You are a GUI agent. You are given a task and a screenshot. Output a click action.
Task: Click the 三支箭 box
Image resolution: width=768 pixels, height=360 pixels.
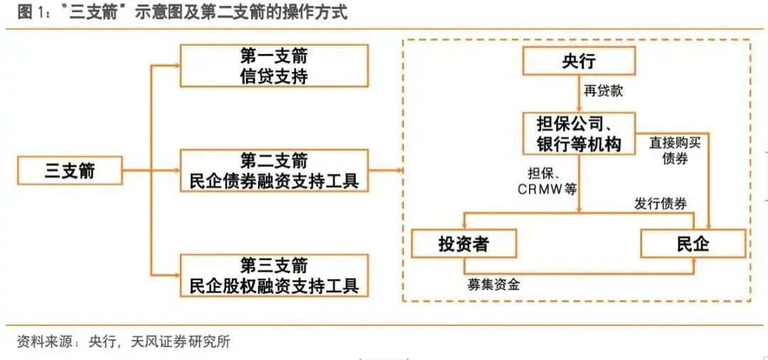pos(70,171)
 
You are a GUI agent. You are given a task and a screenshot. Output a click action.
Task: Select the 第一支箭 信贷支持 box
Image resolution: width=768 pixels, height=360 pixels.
pos(274,65)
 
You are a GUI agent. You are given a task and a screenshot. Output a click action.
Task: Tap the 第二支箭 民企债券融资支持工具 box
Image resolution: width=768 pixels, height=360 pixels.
pos(274,171)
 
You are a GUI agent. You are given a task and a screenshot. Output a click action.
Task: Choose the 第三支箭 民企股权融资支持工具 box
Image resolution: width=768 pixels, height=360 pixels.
pos(274,275)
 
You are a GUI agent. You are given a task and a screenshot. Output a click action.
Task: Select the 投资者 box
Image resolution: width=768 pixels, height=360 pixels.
pos(464,243)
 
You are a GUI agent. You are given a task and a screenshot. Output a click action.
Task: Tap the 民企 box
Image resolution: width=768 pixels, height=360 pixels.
pos(693,243)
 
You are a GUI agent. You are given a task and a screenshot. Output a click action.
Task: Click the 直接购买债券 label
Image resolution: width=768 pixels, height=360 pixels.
pos(676,152)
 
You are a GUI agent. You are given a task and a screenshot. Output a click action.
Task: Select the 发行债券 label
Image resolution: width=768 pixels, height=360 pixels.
pos(660,203)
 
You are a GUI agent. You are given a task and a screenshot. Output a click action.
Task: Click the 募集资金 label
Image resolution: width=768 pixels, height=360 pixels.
pos(494,284)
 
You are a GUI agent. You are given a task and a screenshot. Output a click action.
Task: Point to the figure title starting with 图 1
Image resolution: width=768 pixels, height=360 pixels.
pos(182,13)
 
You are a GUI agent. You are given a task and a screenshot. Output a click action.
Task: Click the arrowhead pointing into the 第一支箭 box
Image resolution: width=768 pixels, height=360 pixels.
pos(177,65)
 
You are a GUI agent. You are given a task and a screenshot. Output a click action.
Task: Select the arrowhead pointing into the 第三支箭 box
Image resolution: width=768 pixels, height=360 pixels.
pos(177,275)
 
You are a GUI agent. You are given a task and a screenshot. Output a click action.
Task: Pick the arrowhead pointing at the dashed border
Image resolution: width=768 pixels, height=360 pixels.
pos(399,171)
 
